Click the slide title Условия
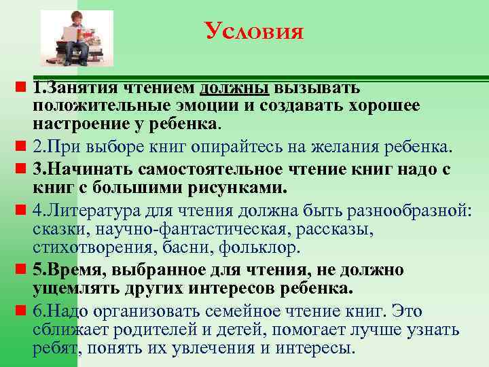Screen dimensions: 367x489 pyautogui.click(x=253, y=31)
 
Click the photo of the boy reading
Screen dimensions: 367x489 pyautogui.click(x=76, y=38)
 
